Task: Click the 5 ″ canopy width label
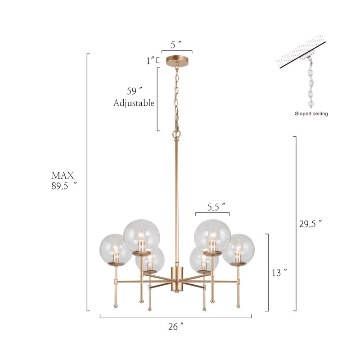click(x=176, y=44)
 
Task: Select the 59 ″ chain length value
click(x=134, y=90)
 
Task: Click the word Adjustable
click(x=134, y=103)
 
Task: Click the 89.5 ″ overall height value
click(x=63, y=186)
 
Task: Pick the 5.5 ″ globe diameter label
click(x=216, y=207)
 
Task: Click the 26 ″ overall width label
click(x=175, y=327)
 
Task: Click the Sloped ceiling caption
click(x=311, y=114)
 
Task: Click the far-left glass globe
click(x=115, y=249)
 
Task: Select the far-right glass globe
click(x=238, y=249)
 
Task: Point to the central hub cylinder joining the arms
click(x=176, y=279)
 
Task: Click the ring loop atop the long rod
click(x=176, y=134)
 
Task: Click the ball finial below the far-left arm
click(x=115, y=305)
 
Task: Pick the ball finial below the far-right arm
click(x=238, y=305)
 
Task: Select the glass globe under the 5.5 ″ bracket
click(x=212, y=235)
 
